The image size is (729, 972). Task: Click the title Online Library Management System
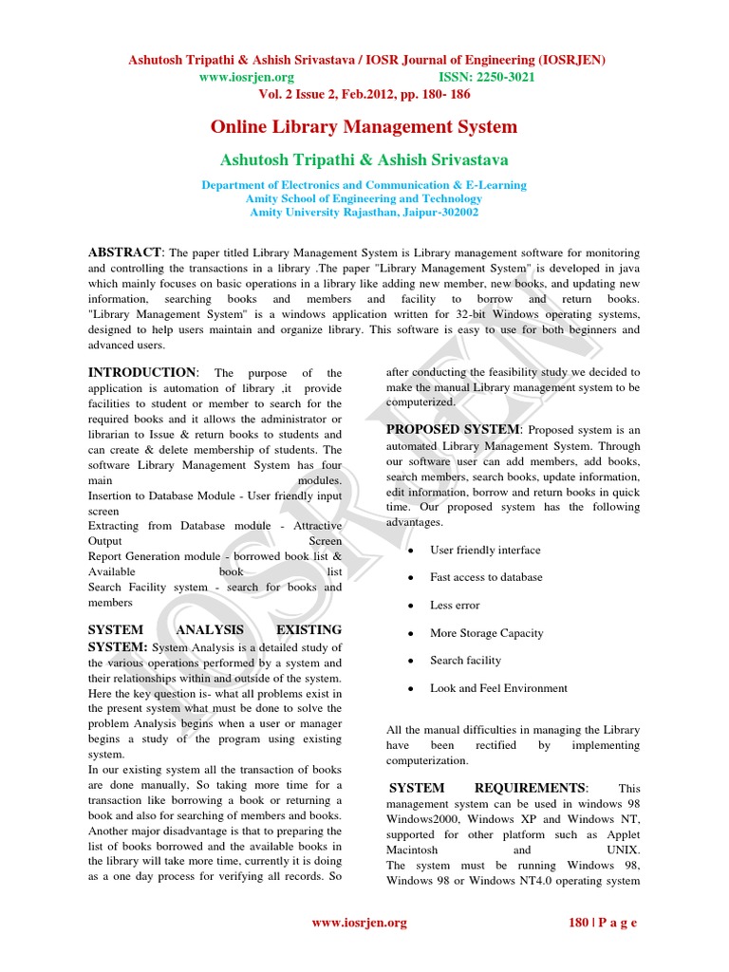tap(364, 126)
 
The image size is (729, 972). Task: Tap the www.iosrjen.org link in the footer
tap(360, 922)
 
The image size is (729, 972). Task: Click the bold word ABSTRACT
tap(124, 252)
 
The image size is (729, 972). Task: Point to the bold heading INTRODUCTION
tap(141, 372)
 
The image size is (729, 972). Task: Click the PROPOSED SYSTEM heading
tap(453, 429)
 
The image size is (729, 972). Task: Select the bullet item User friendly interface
tap(485, 550)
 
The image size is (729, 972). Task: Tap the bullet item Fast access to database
tap(486, 577)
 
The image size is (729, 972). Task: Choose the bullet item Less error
tap(455, 605)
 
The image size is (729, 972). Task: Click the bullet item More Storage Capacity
tap(486, 632)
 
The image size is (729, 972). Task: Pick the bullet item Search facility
tap(465, 660)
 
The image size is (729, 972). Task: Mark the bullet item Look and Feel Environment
tap(498, 687)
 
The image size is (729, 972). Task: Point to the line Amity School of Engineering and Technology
tap(364, 198)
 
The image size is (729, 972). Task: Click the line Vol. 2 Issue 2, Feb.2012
tap(364, 94)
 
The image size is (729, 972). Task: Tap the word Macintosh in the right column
tap(412, 850)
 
